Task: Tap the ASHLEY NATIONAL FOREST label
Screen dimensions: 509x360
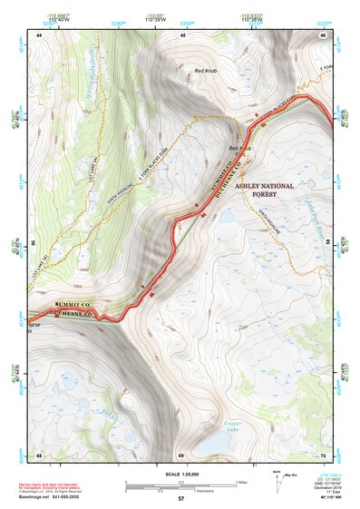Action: click(x=264, y=189)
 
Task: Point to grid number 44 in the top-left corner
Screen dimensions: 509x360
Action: click(x=39, y=34)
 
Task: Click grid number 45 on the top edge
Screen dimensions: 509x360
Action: click(x=182, y=34)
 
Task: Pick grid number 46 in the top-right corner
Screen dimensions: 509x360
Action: click(x=323, y=34)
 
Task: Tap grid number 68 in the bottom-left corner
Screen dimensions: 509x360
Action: click(x=39, y=455)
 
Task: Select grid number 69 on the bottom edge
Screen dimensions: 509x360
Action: click(x=180, y=455)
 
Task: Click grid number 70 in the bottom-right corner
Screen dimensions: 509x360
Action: click(x=323, y=455)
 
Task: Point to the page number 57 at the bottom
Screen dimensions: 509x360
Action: click(x=180, y=499)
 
